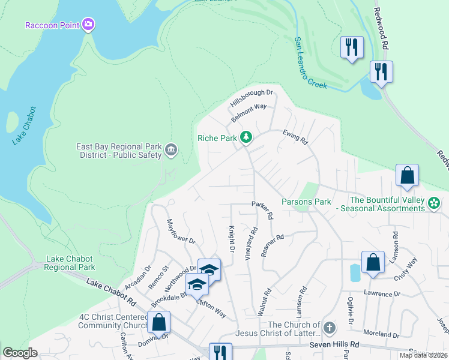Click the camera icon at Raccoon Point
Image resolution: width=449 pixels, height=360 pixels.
pyautogui.click(x=89, y=25)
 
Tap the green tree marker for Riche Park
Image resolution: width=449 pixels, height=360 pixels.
pyautogui.click(x=246, y=137)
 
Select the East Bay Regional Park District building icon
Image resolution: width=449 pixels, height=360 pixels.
pyautogui.click(x=170, y=149)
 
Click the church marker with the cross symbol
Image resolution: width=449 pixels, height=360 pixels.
pyautogui.click(x=328, y=328)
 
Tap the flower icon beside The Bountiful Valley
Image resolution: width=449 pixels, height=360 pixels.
pyautogui.click(x=434, y=203)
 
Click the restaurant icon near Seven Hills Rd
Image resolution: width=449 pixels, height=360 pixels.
pyautogui.click(x=220, y=352)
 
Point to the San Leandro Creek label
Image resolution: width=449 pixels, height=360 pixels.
pyautogui.click(x=310, y=63)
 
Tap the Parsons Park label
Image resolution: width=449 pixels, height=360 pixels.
pyautogui.click(x=306, y=202)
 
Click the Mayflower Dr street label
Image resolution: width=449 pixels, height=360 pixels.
pyautogui.click(x=181, y=232)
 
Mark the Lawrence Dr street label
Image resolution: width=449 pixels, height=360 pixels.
pyautogui.click(x=381, y=294)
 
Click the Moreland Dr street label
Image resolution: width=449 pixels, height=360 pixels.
pyautogui.click(x=380, y=334)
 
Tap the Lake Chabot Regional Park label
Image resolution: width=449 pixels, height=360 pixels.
pyautogui.click(x=71, y=263)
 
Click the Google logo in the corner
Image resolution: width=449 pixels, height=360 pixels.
pyautogui.click(x=20, y=353)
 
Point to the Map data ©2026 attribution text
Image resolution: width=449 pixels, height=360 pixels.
pyautogui.click(x=423, y=355)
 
